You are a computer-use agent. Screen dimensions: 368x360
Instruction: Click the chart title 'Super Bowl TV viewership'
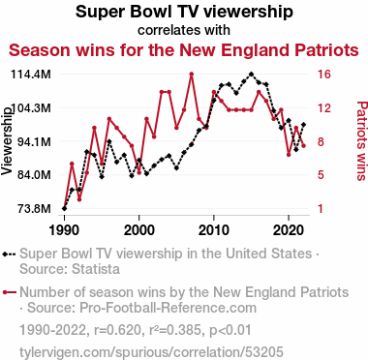(184, 12)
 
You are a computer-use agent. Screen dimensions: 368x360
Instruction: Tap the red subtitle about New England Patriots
(184, 50)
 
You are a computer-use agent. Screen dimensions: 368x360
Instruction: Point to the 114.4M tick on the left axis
(31, 75)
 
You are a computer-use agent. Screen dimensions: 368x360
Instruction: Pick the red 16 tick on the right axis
(323, 75)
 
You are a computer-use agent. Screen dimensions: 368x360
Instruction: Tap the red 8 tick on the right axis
(321, 141)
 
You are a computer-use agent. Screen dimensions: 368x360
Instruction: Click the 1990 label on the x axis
(64, 230)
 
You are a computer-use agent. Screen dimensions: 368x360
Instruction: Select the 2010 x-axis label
(213, 230)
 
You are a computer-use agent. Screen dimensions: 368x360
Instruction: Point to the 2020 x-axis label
(289, 230)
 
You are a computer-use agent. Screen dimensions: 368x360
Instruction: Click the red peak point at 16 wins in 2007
(192, 75)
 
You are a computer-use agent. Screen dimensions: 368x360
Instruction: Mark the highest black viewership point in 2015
(251, 75)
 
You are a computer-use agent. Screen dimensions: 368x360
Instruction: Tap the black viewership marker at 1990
(64, 208)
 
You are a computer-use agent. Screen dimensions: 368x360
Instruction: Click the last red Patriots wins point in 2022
(303, 146)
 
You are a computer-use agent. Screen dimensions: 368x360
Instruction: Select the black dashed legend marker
(9, 254)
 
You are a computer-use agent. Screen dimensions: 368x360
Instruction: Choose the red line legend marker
(9, 292)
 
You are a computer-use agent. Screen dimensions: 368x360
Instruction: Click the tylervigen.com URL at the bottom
(151, 352)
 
